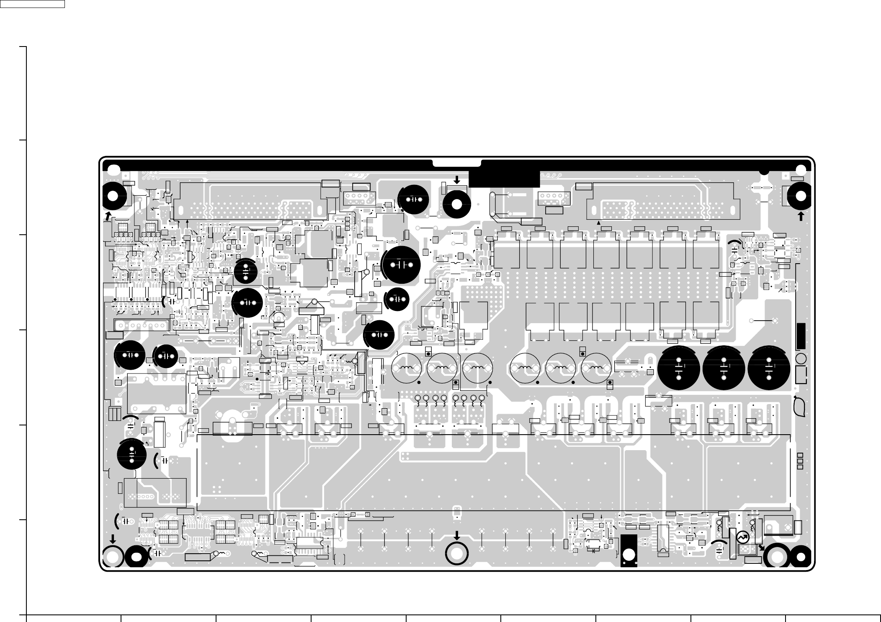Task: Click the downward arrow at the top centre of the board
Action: coord(457,180)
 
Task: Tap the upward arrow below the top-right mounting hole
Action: coord(801,216)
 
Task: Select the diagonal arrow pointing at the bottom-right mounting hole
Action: coord(761,547)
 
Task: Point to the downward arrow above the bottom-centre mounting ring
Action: coord(457,535)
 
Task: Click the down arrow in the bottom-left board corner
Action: coord(113,539)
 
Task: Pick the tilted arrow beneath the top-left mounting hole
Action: coord(108,216)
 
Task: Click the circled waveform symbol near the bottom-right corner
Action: coord(742,537)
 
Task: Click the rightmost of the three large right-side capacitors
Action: coord(769,368)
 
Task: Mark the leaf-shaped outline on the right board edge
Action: coord(799,407)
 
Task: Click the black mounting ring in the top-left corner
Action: coord(113,196)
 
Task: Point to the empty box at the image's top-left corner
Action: coord(32,4)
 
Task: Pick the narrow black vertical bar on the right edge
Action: coord(801,336)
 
